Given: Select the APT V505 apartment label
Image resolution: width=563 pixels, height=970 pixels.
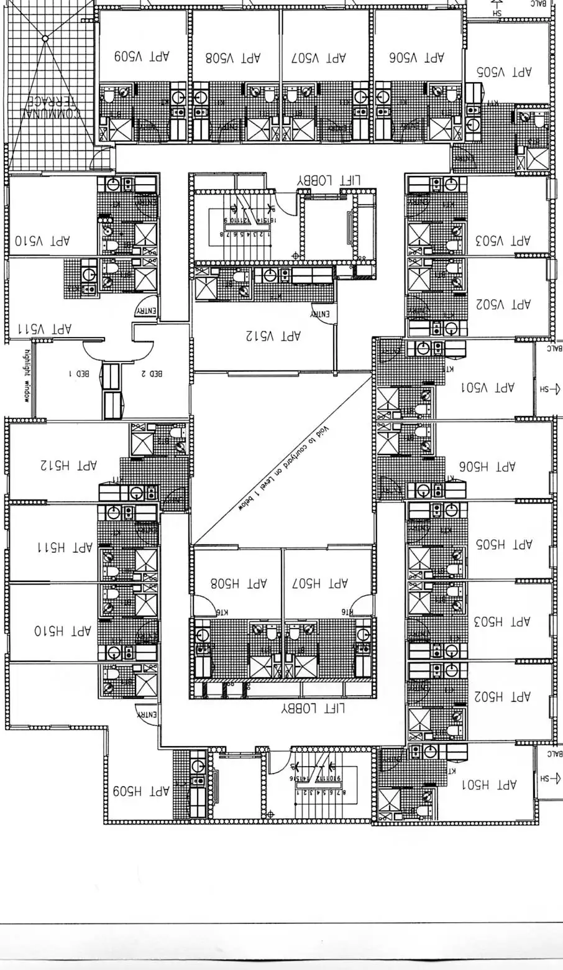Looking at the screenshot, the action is [x=505, y=72].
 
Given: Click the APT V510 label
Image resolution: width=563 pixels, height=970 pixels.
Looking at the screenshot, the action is [x=43, y=240].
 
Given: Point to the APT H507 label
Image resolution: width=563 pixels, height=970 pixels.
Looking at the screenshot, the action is [x=320, y=583].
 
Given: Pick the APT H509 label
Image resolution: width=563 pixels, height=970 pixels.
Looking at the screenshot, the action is [x=141, y=792].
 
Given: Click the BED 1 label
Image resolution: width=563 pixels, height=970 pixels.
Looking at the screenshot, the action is [x=79, y=374].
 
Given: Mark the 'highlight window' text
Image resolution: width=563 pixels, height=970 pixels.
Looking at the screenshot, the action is [x=27, y=377].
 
